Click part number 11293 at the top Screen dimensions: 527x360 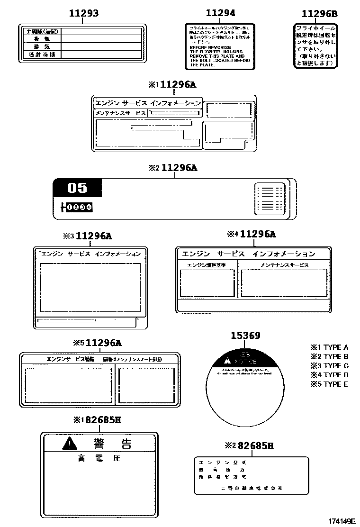click(x=84, y=14)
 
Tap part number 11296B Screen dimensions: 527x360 click(x=320, y=14)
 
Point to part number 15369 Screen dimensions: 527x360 click(x=245, y=336)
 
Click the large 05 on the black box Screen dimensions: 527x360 click(x=77, y=188)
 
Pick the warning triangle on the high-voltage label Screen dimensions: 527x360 click(x=69, y=444)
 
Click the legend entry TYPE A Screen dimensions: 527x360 click(x=330, y=347)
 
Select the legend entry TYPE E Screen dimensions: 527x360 click(x=330, y=384)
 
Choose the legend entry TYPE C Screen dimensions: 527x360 click(x=330, y=365)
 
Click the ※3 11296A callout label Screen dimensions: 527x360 click(x=88, y=236)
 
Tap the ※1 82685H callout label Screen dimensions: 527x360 click(x=97, y=419)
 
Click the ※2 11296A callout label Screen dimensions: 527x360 click(x=172, y=168)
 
